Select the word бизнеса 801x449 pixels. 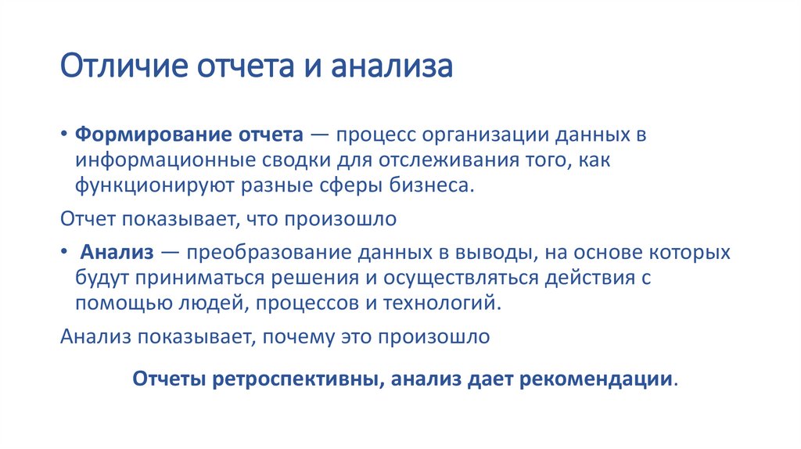coord(431,188)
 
